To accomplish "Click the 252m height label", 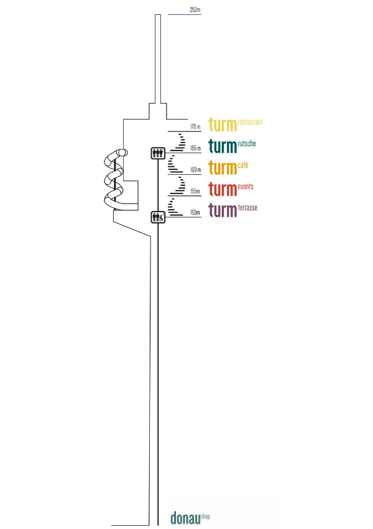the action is click(195, 9).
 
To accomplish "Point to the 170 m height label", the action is click(195, 126).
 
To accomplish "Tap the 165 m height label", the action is click(195, 147).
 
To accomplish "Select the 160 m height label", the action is click(195, 169).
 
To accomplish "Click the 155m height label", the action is click(195, 191).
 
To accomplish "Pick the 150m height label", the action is click(195, 212).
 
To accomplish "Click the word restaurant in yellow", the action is click(250, 122).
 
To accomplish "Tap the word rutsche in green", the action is click(247, 143).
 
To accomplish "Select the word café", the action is click(243, 165).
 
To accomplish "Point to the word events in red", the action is click(246, 187).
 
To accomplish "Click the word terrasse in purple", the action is click(247, 207).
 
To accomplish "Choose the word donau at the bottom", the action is click(185, 518).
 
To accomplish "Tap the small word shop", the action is click(205, 516).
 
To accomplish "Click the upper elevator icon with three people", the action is click(158, 153).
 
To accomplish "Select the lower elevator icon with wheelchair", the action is click(158, 217).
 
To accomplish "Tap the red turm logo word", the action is click(223, 189).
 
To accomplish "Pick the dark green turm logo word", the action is click(223, 146).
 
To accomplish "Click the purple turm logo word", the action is click(223, 210).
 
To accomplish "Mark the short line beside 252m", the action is click(184, 14).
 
